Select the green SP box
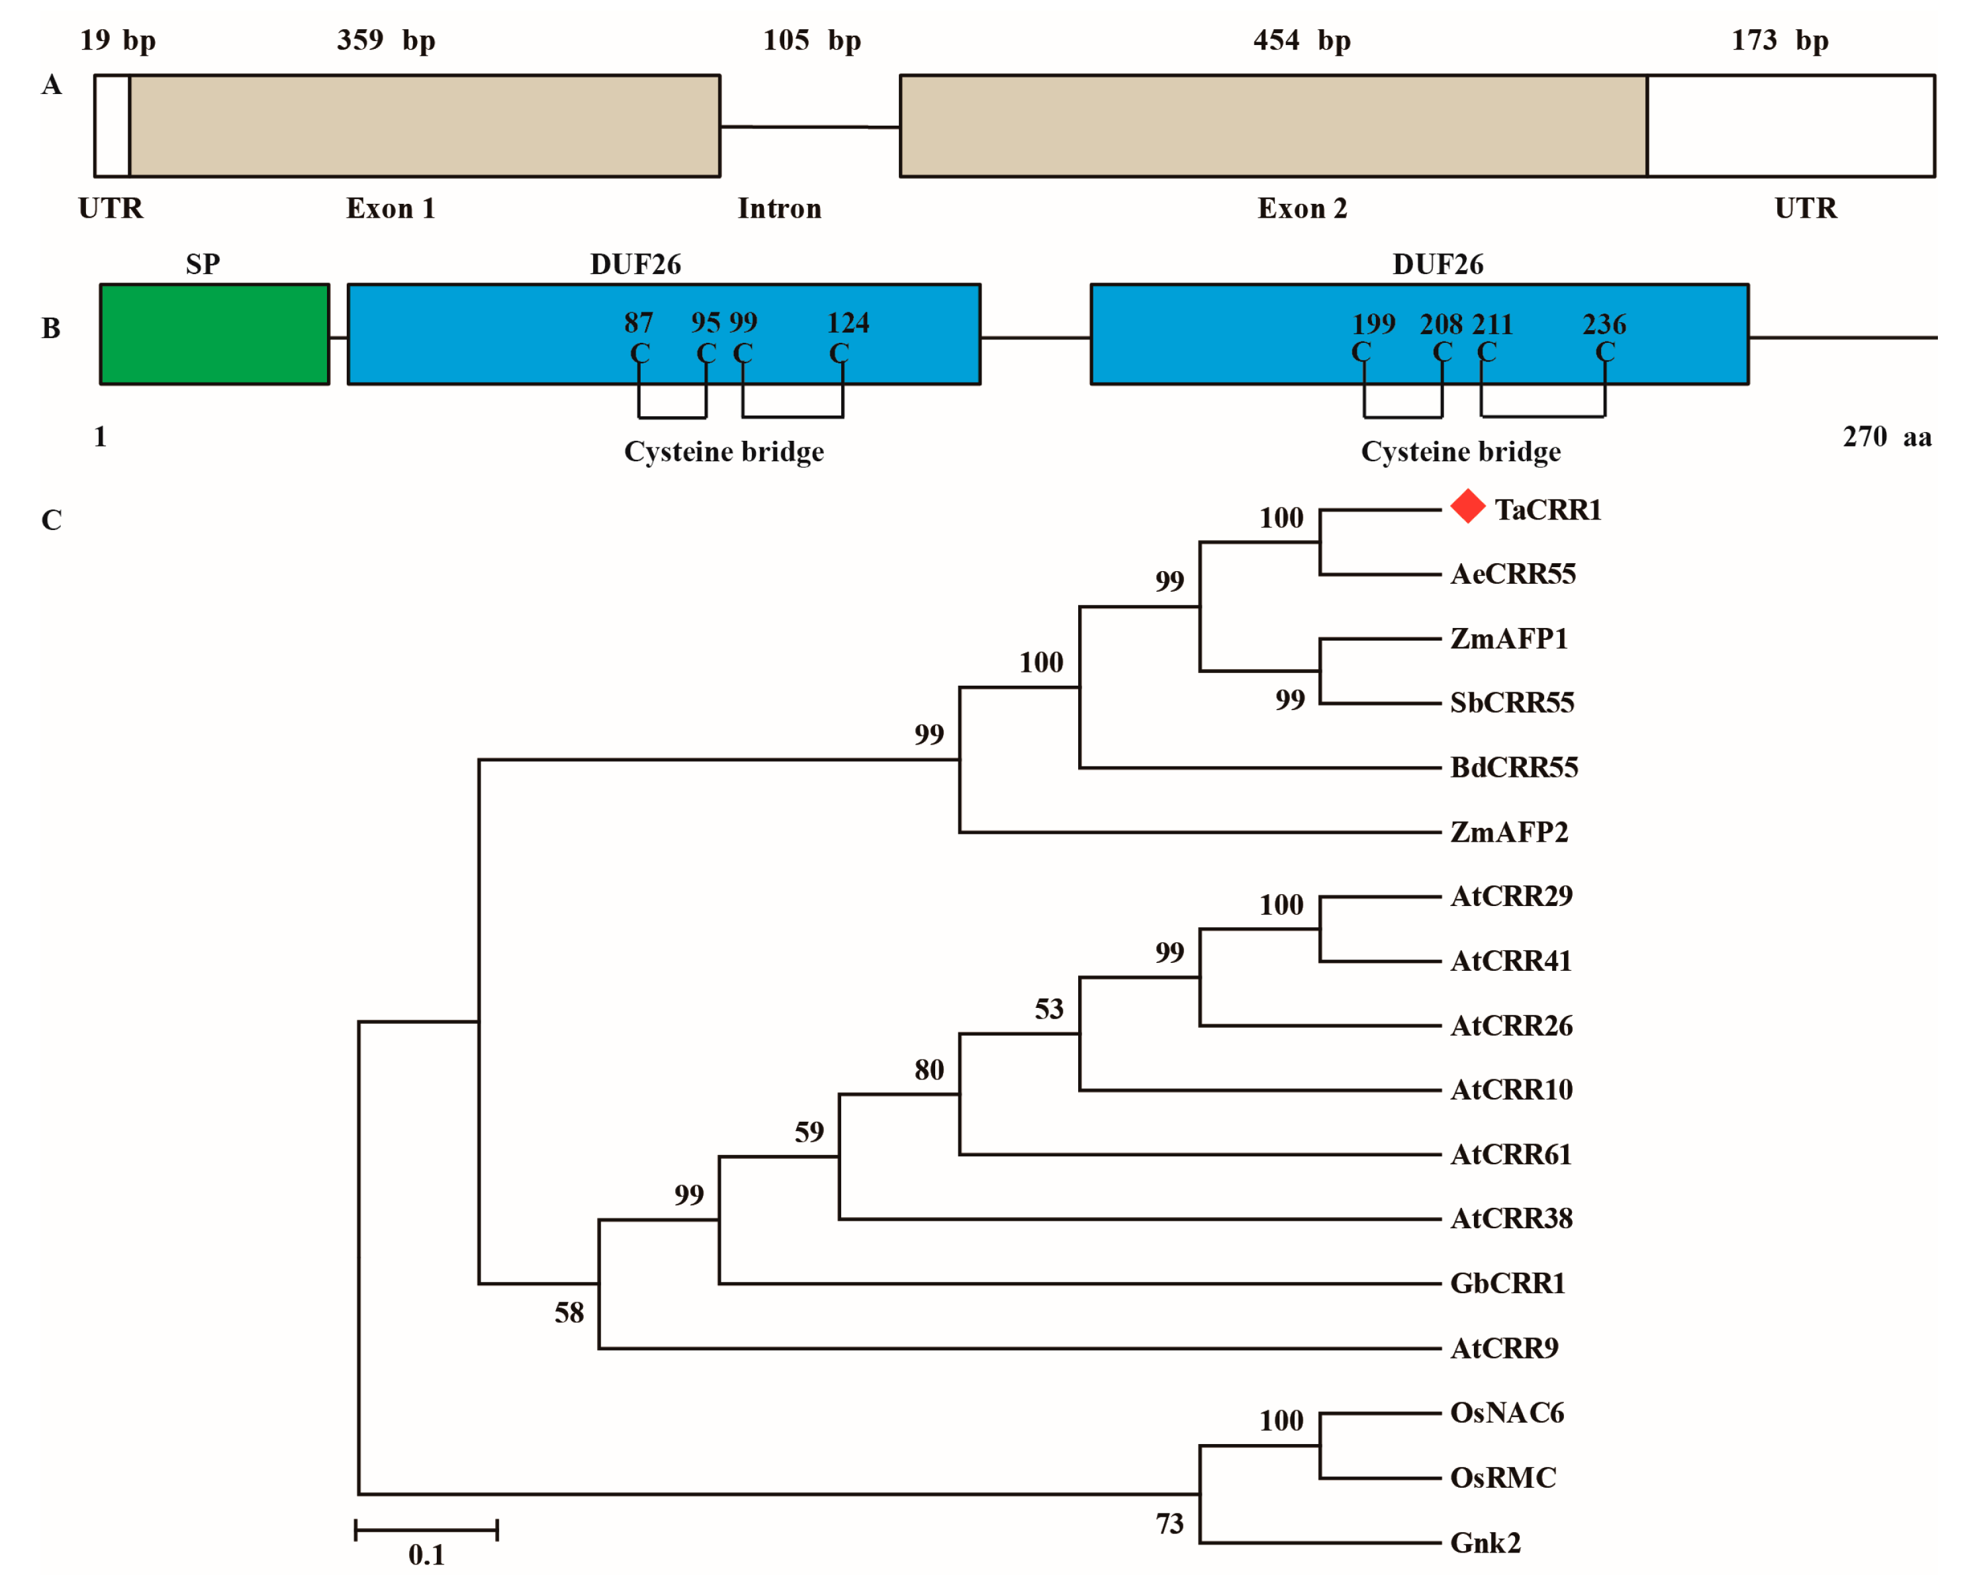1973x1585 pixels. (x=214, y=334)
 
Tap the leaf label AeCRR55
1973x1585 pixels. (x=1513, y=574)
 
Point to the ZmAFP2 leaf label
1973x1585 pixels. (x=1509, y=832)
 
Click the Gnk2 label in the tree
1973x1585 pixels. (x=1485, y=1543)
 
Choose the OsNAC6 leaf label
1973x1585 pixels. (x=1507, y=1413)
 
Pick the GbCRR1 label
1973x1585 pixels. (x=1507, y=1283)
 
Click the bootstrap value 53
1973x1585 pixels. (x=1049, y=1009)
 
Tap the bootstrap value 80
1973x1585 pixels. (x=929, y=1069)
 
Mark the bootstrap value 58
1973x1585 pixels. (x=569, y=1313)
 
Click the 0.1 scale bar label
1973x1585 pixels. (x=426, y=1555)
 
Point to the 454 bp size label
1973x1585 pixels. (x=1301, y=40)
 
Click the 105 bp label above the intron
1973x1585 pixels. (x=811, y=40)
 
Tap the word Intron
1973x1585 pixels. (x=780, y=208)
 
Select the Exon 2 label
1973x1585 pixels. (x=1303, y=208)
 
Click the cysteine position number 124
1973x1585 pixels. (x=847, y=322)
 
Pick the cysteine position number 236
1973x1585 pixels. (x=1604, y=324)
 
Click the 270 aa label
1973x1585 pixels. (x=1887, y=437)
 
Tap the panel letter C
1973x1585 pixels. (x=51, y=520)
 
